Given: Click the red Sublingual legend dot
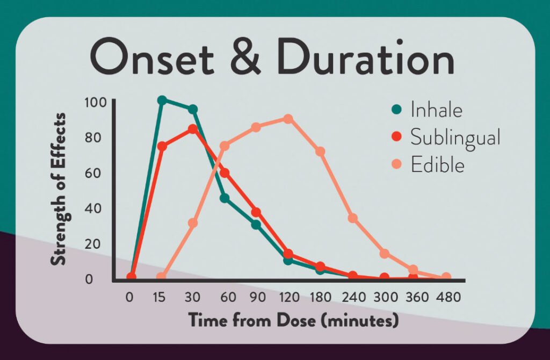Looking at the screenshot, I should (397, 138).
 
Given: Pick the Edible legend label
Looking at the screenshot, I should (437, 164).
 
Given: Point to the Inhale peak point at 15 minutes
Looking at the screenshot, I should (162, 100).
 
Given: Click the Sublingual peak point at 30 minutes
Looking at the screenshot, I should (193, 129).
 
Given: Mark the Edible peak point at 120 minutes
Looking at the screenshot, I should (288, 118).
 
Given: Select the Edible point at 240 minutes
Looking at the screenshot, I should (352, 218).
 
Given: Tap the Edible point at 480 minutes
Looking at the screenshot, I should (446, 277).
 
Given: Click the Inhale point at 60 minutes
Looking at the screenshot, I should (225, 198).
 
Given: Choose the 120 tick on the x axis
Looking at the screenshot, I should (288, 297).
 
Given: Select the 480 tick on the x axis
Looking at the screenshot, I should (446, 297).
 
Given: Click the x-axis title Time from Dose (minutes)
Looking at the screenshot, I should (294, 321).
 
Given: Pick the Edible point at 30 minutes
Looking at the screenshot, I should (193, 223).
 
